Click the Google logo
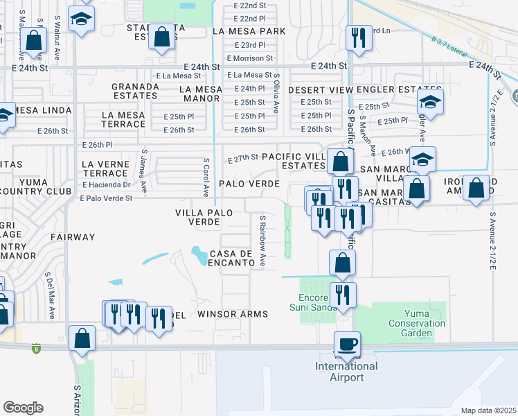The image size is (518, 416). (23, 408)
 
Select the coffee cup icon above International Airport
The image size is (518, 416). (347, 344)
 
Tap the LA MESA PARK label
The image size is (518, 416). (249, 31)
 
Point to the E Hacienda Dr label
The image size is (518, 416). (106, 185)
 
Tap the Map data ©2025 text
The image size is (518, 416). (488, 410)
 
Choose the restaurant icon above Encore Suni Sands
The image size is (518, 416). (342, 294)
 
